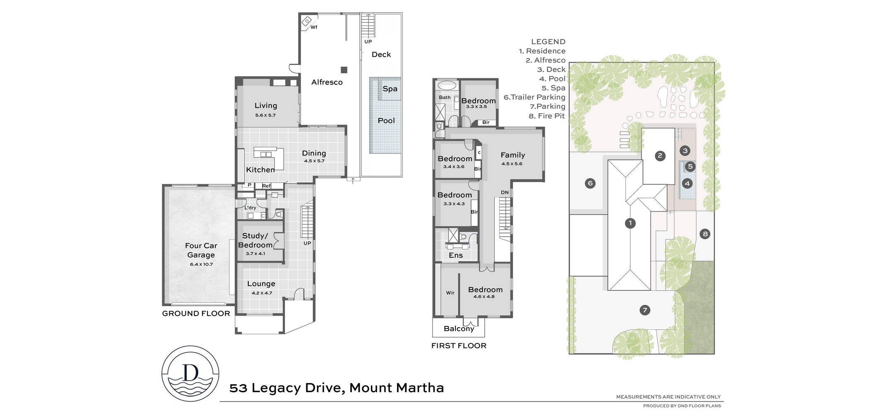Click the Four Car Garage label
(x=201, y=250)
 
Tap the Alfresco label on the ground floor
(x=327, y=82)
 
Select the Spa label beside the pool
(x=390, y=89)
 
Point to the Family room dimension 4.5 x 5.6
(x=512, y=164)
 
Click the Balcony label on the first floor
(x=459, y=329)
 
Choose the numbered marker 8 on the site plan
(x=705, y=234)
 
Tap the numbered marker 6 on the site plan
(x=590, y=183)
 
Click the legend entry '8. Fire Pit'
(x=547, y=116)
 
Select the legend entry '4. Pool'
(x=552, y=79)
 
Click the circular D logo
(x=190, y=374)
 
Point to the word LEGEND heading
(x=548, y=42)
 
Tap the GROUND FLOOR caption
(x=196, y=314)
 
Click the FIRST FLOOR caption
(x=459, y=346)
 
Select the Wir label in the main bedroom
(x=450, y=293)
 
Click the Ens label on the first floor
(x=456, y=256)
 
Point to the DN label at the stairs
(x=505, y=192)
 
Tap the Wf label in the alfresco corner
(x=314, y=28)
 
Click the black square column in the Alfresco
(x=344, y=69)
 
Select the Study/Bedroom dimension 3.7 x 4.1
(x=255, y=254)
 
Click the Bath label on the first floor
(x=445, y=98)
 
